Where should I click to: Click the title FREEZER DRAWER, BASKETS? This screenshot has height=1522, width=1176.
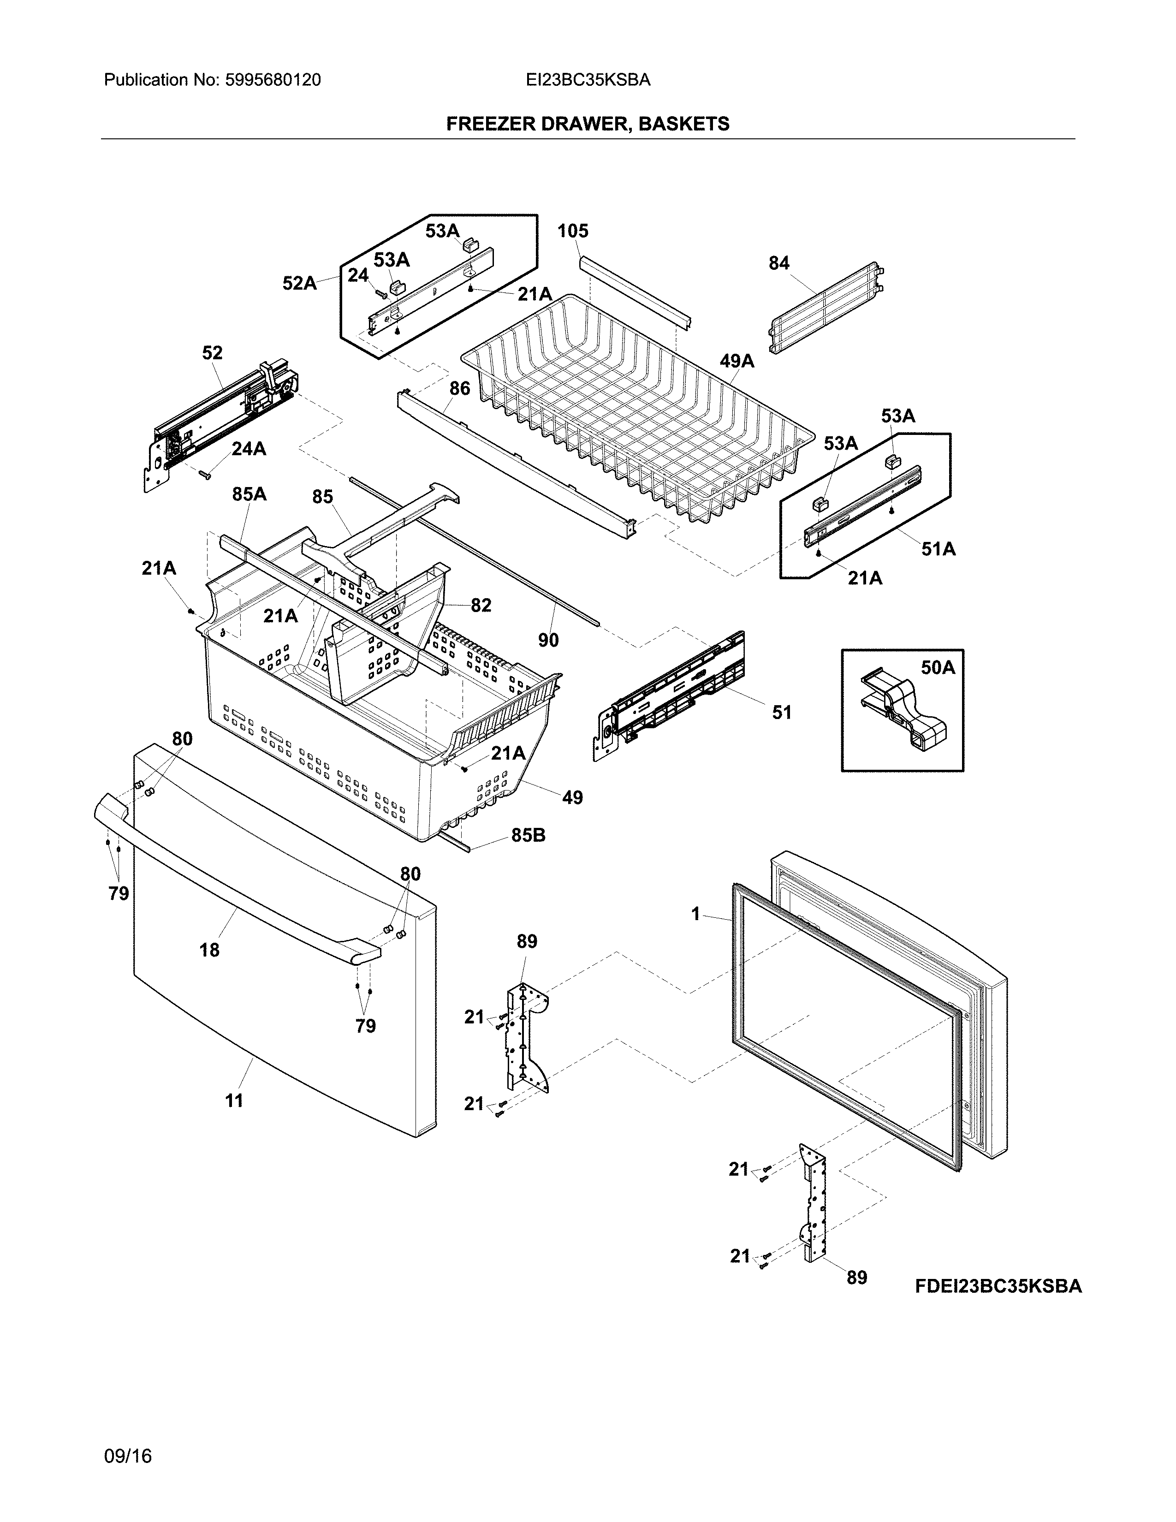point(587,124)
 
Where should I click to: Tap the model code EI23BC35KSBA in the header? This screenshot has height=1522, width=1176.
point(588,80)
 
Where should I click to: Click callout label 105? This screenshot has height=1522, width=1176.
point(573,231)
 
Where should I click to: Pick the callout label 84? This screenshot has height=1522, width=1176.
point(779,263)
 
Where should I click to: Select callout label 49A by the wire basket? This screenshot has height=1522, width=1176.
point(737,361)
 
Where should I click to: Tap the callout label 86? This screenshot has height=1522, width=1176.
point(460,388)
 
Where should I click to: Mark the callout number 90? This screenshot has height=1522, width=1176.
point(548,640)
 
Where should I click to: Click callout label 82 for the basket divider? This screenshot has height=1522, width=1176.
point(481,605)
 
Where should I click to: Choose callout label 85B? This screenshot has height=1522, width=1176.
point(528,835)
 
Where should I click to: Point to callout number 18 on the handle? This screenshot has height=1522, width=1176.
point(209,949)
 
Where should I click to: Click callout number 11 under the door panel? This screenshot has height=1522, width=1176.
point(234,1100)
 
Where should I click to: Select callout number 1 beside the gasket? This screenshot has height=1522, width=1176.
point(695,914)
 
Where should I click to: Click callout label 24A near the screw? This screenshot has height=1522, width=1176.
point(249,449)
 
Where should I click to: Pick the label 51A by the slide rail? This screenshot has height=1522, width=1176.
point(938,549)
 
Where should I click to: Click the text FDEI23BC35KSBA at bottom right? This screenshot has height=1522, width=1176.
point(998,1286)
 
